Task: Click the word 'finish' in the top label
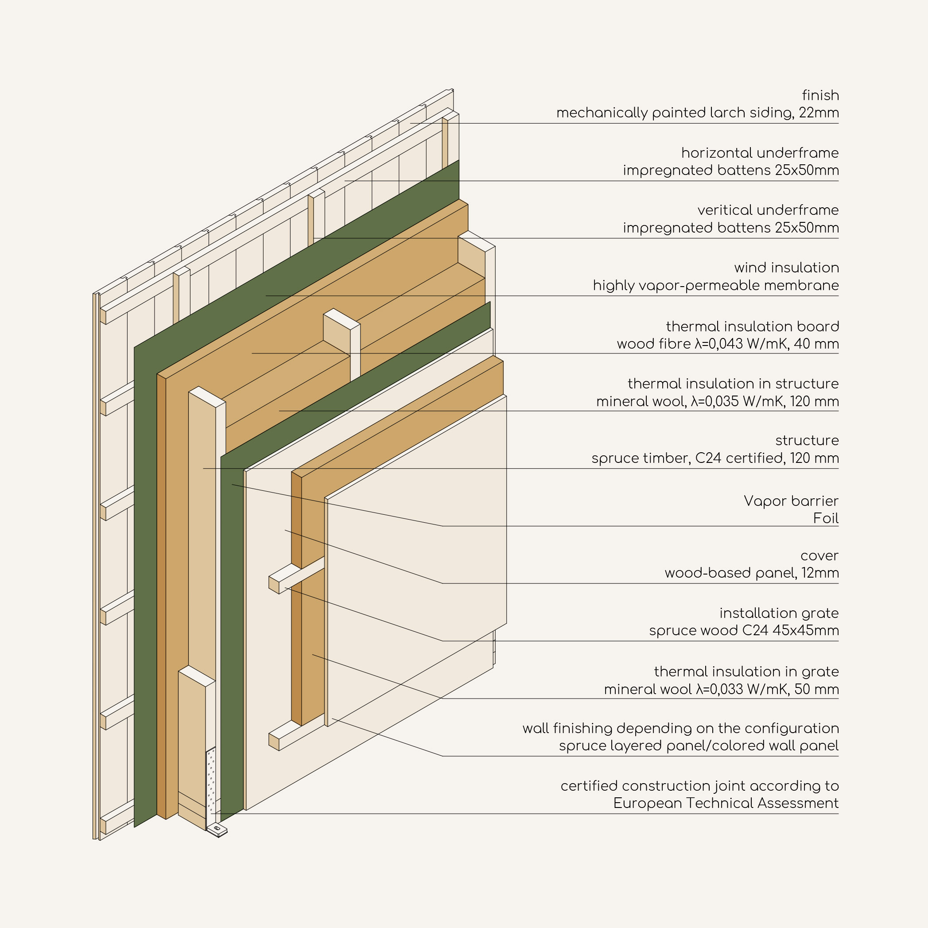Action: point(820,95)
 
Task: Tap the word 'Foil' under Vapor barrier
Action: point(826,518)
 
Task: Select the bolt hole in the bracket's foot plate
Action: point(217,829)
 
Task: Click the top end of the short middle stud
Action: point(342,319)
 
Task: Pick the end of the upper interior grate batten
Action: point(274,585)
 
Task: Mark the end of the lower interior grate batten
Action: point(274,742)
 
